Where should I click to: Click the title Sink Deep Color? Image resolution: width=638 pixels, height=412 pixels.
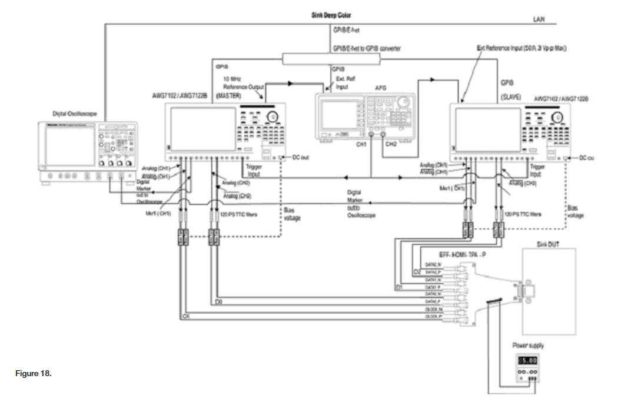(x=331, y=15)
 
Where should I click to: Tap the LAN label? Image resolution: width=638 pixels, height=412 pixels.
(x=539, y=19)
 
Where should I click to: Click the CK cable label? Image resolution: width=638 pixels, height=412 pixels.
(x=186, y=317)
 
